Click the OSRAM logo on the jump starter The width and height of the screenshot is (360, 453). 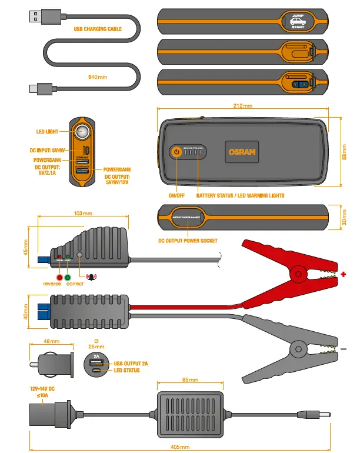click(242, 152)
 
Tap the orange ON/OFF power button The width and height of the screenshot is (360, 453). click(175, 152)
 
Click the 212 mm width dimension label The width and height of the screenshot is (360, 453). click(242, 106)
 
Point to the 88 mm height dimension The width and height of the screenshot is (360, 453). click(345, 151)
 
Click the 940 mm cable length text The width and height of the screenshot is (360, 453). click(98, 77)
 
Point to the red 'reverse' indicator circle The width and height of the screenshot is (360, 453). click(59, 277)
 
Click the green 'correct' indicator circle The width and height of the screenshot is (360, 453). click(68, 277)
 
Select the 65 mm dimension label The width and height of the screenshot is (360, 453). click(188, 380)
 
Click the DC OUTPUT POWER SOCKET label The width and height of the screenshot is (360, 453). click(188, 241)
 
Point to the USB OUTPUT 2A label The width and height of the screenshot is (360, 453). click(131, 364)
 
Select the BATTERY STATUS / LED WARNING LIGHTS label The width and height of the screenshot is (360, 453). click(240, 195)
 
